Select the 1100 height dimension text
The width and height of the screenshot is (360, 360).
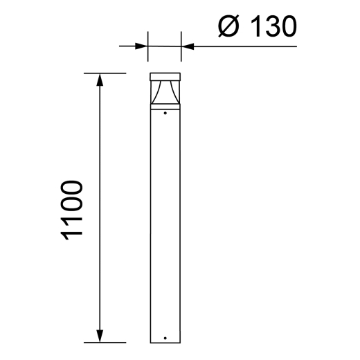coord(73,210)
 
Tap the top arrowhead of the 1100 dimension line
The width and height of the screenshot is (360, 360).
coord(101,80)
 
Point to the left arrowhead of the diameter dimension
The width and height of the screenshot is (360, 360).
coord(142,46)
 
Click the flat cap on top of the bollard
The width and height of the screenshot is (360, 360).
coord(165,77)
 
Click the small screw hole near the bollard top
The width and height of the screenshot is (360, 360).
coord(165,113)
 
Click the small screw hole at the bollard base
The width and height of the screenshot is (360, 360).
coord(165,338)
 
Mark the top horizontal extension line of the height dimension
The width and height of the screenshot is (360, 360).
coord(104,73)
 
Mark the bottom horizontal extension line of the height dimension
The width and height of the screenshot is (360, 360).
coord(104,342)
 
